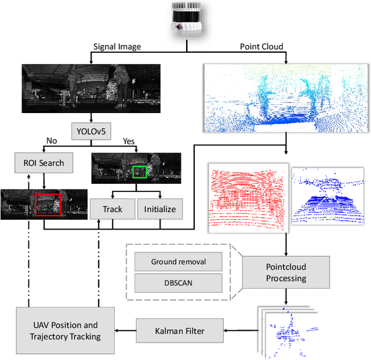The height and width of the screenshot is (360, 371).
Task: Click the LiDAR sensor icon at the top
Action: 186,18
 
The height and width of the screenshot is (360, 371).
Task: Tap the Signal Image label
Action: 118,47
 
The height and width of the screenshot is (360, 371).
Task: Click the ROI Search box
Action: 44,163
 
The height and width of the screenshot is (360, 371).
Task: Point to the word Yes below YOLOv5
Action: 128,141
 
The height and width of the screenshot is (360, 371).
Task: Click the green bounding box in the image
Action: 140,172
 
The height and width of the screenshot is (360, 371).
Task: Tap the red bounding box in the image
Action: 47,204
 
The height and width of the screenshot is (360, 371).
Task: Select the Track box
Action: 112,209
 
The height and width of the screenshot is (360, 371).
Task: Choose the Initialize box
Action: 161,209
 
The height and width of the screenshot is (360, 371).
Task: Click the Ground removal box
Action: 179,261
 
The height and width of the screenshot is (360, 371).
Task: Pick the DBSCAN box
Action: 179,283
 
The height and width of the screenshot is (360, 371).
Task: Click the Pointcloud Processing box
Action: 286,272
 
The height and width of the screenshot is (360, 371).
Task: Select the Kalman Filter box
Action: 179,331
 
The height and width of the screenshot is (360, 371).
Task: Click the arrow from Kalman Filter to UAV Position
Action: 126,331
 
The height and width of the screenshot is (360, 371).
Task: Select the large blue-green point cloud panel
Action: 286,98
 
